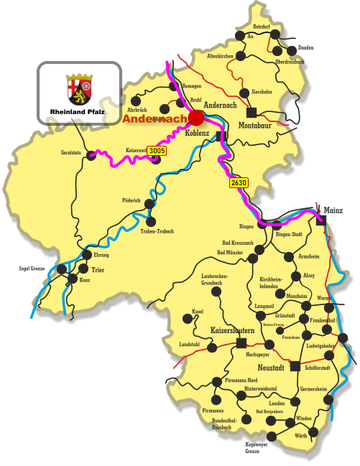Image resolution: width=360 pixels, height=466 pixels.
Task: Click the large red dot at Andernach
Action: click(196, 118)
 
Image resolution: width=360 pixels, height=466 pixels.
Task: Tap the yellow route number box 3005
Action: click(157, 151)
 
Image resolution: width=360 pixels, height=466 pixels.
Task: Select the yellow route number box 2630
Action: click(239, 183)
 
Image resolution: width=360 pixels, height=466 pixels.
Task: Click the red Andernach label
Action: click(154, 119)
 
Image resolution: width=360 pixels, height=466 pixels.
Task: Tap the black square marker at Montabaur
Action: click(251, 112)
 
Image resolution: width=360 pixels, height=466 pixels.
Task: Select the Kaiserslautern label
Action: click(232, 331)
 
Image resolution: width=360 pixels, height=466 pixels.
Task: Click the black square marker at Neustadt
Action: click(295, 366)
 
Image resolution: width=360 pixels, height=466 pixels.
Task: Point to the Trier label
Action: click(98, 270)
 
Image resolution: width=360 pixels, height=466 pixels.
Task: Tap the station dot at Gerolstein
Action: click(91, 154)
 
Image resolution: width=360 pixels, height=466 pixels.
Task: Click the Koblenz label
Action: click(197, 134)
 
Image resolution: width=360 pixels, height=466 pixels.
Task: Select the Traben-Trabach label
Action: click(157, 231)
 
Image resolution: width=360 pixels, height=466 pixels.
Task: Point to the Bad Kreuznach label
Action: click(236, 243)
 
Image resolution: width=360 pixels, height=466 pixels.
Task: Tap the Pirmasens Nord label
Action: click(241, 380)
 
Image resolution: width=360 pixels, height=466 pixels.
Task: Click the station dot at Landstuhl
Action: click(212, 348)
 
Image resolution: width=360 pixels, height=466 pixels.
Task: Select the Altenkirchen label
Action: click(219, 56)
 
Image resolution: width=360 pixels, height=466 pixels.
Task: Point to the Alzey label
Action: click(308, 275)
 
